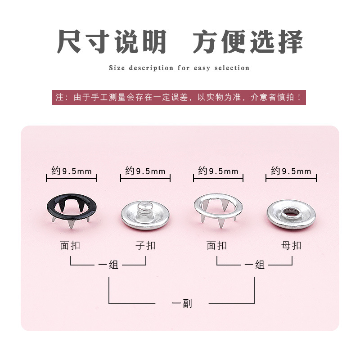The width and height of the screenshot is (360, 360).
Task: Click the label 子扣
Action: pyautogui.click(x=145, y=246)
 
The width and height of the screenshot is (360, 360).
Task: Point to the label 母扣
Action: pyautogui.click(x=291, y=246)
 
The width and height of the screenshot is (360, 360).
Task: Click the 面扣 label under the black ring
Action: pyautogui.click(x=71, y=246)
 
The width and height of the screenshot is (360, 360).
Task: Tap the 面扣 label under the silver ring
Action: pyautogui.click(x=216, y=246)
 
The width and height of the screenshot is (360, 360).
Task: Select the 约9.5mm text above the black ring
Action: pyautogui.click(x=71, y=171)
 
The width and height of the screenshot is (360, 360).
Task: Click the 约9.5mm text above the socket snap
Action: pyautogui.click(x=291, y=171)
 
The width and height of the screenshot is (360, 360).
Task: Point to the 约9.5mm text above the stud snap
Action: pyautogui.click(x=145, y=171)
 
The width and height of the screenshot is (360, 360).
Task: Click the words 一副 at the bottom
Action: pyautogui.click(x=182, y=303)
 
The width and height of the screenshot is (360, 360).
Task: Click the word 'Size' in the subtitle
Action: pyautogui.click(x=117, y=68)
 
